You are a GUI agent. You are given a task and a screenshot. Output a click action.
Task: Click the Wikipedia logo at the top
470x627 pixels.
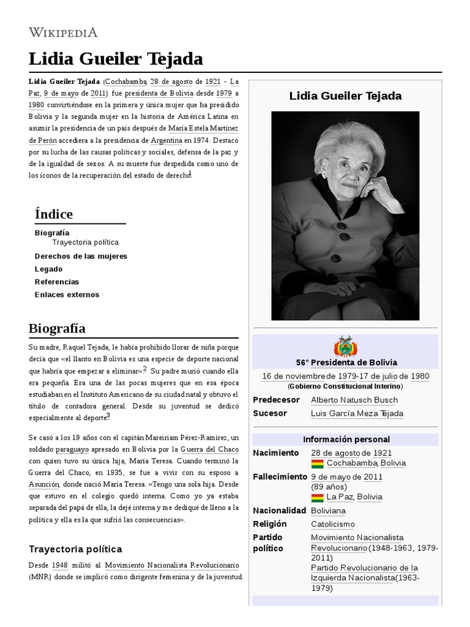(x=63, y=32)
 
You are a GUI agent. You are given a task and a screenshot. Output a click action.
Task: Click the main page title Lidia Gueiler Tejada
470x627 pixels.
(x=116, y=59)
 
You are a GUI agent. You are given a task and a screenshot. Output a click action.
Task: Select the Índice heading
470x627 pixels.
(x=54, y=214)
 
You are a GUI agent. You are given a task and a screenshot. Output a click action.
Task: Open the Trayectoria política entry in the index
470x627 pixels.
(x=85, y=242)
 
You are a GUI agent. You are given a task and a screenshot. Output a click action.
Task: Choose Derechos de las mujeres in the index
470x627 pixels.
(x=81, y=256)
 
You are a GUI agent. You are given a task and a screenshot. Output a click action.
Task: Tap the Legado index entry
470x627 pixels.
(x=48, y=269)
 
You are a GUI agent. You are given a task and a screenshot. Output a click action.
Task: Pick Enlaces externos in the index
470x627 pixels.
(x=67, y=295)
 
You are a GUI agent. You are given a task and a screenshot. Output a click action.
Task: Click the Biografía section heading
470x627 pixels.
(x=57, y=328)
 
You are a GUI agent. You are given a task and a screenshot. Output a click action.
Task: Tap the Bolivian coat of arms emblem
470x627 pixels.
(x=345, y=347)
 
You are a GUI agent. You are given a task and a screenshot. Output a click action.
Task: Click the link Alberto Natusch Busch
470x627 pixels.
(x=354, y=400)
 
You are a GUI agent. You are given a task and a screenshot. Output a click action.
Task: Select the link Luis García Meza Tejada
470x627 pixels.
(x=357, y=413)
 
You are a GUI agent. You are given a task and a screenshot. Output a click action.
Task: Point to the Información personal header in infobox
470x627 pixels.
(x=346, y=440)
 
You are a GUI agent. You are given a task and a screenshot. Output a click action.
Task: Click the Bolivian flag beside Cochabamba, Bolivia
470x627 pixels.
(x=317, y=464)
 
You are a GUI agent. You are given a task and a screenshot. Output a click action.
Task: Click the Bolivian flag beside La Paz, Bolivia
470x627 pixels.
(x=317, y=497)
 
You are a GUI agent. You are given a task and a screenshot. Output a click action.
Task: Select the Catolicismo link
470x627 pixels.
(x=332, y=524)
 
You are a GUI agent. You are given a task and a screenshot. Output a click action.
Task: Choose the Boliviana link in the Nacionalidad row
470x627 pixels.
(x=328, y=511)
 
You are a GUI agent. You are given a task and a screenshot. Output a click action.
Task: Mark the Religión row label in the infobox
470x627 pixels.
(x=270, y=524)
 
